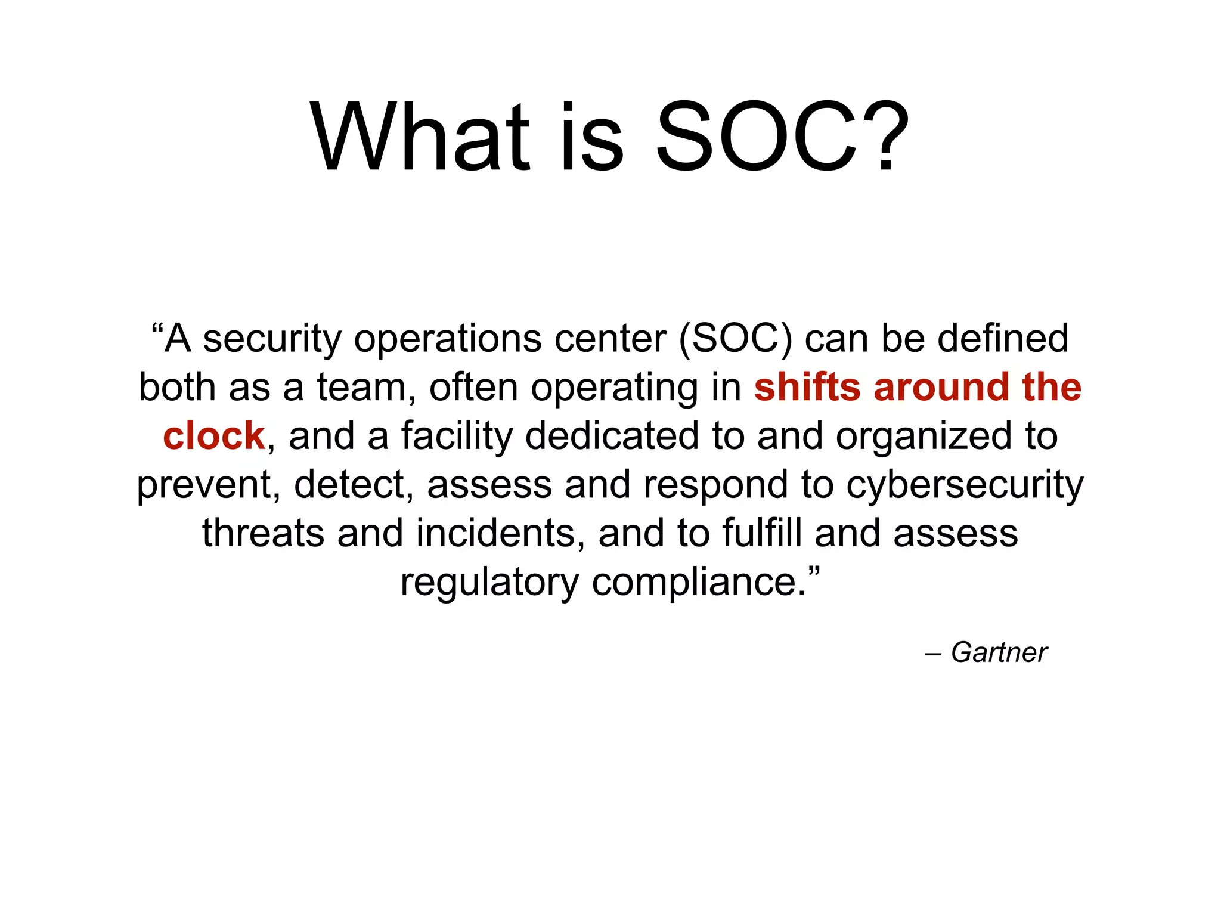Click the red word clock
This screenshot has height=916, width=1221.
[213, 436]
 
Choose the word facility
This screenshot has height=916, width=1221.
[456, 437]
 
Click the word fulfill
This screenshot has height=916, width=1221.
[762, 533]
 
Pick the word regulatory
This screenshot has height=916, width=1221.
[489, 583]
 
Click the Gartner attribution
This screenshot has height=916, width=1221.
[999, 652]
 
